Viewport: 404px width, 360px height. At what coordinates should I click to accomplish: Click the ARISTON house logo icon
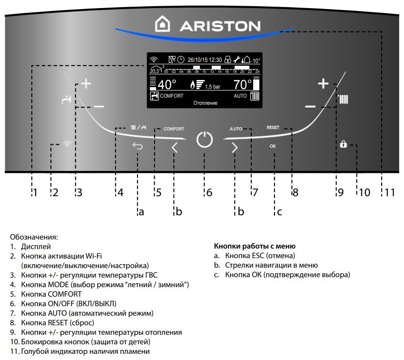[163, 24]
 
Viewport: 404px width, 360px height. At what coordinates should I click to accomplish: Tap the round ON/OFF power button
[204, 141]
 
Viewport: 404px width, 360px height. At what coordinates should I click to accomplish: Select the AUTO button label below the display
[236, 129]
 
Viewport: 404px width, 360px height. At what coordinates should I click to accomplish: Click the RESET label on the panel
[273, 128]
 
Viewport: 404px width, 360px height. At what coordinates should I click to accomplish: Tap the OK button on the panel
[273, 147]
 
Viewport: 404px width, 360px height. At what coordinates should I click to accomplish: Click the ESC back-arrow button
[138, 147]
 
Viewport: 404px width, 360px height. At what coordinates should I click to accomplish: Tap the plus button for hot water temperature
[86, 84]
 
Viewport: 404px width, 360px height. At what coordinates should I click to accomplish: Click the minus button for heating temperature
[310, 106]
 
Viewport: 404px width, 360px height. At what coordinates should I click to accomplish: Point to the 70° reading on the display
[242, 85]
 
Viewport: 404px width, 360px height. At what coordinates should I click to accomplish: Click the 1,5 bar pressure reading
[213, 87]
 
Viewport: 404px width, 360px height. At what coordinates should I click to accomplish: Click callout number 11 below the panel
[390, 193]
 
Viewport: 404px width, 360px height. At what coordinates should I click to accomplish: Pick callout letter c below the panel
[279, 212]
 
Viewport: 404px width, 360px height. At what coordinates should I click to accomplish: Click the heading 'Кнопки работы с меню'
[255, 246]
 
